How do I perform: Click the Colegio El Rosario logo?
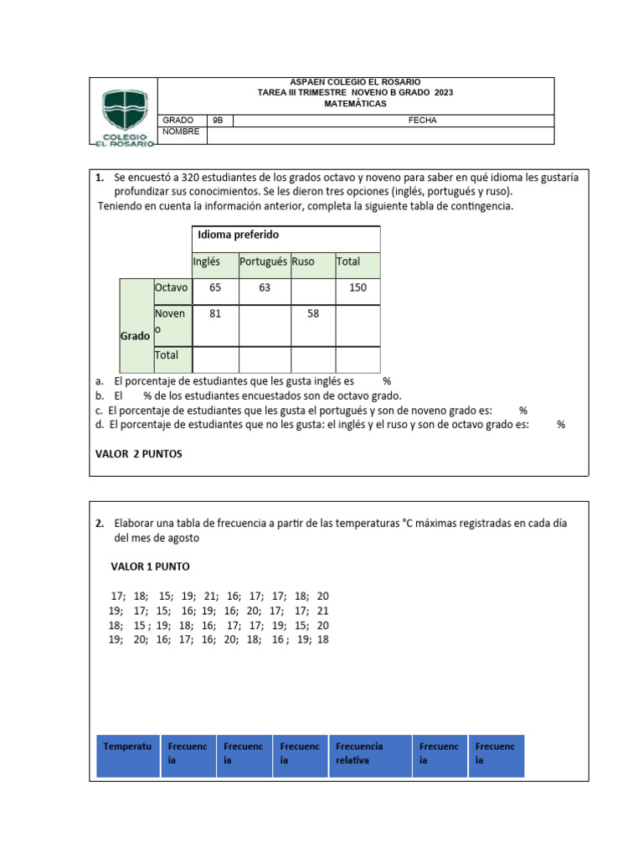pos(127,116)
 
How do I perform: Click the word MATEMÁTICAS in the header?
pos(356,104)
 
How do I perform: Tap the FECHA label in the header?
pos(422,121)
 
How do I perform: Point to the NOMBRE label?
pos(181,132)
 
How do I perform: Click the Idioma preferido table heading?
pos(238,235)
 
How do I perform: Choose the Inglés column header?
pos(206,261)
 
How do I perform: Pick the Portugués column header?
pos(263,261)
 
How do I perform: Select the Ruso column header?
pos(303,261)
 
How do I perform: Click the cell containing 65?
pos(215,288)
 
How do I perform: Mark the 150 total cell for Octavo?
pos(358,288)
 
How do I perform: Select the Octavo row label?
pos(172,288)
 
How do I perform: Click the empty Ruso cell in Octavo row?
pos(312,291)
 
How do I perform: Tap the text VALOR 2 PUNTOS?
pos(138,453)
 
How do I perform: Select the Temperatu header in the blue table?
pos(127,746)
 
